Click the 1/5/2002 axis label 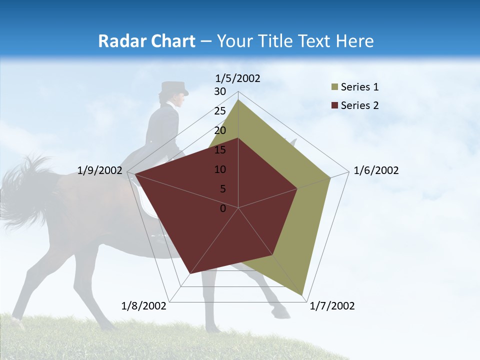click(238, 78)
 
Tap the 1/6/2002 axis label click(376, 170)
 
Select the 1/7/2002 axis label click(332, 306)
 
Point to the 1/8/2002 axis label click(144, 306)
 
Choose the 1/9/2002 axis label click(100, 170)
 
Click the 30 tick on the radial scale click(220, 91)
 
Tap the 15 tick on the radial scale click(220, 150)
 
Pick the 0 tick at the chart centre click(223, 208)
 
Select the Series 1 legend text click(359, 87)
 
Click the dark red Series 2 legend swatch click(334, 105)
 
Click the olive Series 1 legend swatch click(334, 87)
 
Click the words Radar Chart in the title click(146, 41)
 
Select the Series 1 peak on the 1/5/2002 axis click(238, 100)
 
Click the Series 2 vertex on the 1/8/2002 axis click(190, 273)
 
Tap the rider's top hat click(174, 88)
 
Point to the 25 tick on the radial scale click(220, 111)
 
